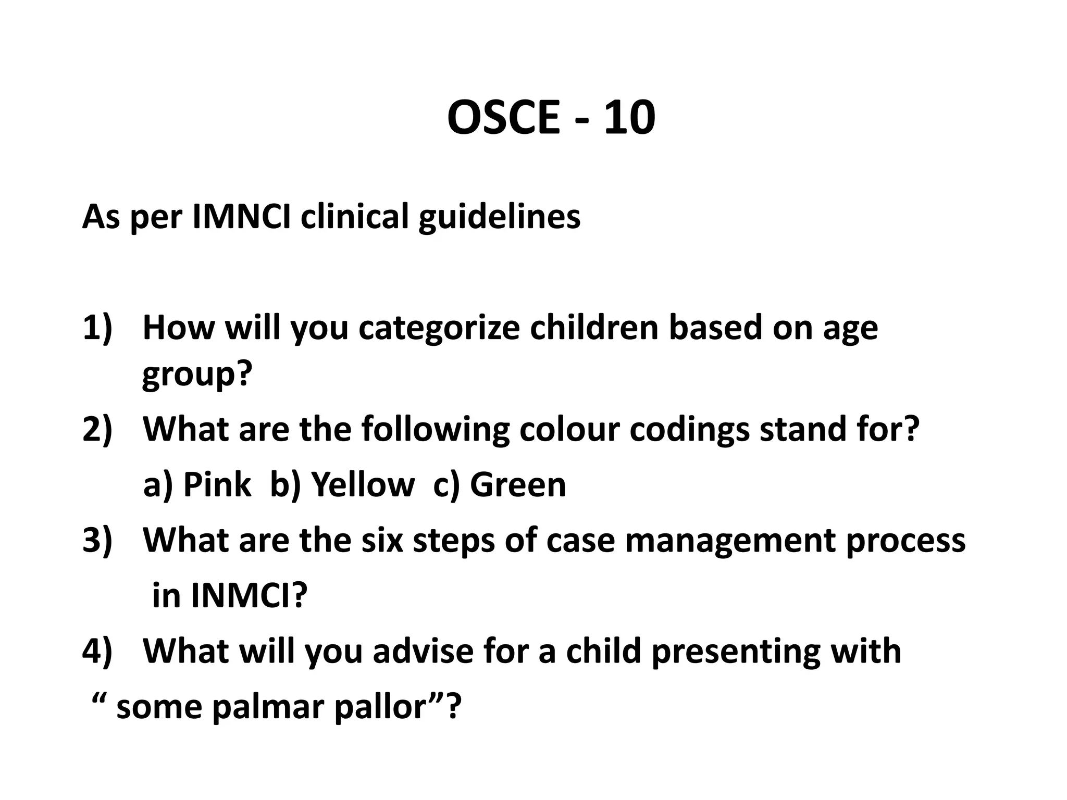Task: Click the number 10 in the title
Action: click(x=629, y=118)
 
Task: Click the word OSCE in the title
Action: click(x=503, y=118)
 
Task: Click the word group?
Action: click(x=197, y=374)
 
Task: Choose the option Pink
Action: click(x=217, y=484)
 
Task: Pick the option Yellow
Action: click(x=363, y=484)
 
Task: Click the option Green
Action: click(x=517, y=484)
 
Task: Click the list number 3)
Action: click(x=97, y=540)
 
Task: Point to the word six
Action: click(x=382, y=540)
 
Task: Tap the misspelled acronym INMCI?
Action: click(x=249, y=595)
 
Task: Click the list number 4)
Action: click(x=97, y=651)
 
